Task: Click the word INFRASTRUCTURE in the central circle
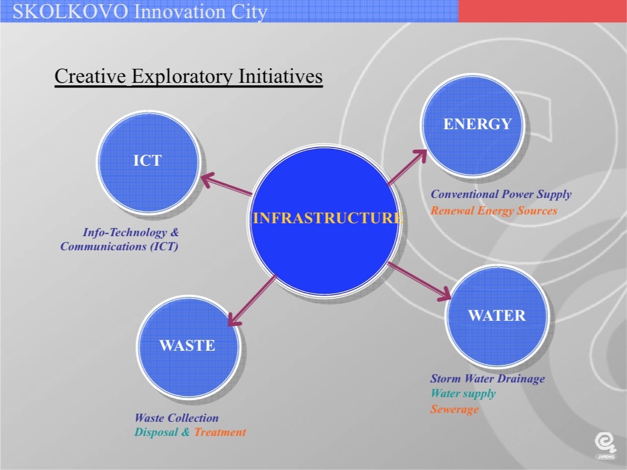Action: tap(328, 218)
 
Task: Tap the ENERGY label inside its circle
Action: tap(477, 124)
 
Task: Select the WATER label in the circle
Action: tap(497, 315)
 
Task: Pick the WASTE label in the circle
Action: tap(187, 345)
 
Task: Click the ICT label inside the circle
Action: tap(147, 160)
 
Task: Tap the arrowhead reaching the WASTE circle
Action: tap(234, 319)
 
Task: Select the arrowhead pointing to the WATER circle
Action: tap(444, 294)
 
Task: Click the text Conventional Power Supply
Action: tap(501, 194)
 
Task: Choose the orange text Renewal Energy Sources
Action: tap(494, 211)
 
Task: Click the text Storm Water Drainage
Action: tap(488, 378)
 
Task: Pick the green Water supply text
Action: tap(463, 394)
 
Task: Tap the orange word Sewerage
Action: tap(454, 409)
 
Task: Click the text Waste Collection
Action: tap(176, 418)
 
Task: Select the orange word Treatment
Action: tap(220, 432)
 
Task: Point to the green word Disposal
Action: tap(156, 432)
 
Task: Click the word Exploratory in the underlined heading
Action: tap(182, 76)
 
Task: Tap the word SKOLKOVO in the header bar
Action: tap(71, 12)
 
